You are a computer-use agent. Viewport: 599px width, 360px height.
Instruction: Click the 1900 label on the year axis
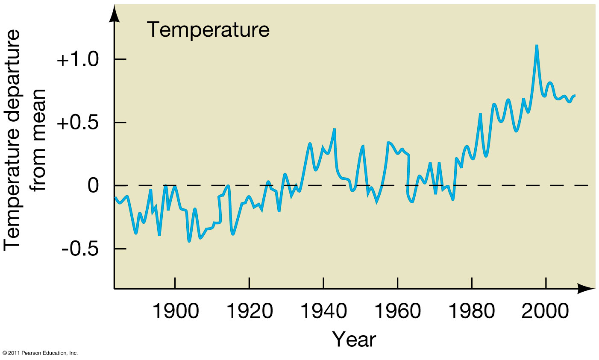[x=175, y=312]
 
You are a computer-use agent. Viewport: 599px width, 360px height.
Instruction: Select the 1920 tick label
[x=249, y=312]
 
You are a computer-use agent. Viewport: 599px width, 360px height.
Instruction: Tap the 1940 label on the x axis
[x=323, y=312]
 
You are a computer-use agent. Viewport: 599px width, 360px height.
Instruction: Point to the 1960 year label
[x=397, y=312]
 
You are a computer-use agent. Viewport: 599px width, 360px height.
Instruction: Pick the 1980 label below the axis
[x=471, y=312]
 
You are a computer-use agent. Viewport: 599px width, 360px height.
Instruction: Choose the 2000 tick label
[x=545, y=312]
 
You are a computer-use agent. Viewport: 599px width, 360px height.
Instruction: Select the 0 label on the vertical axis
[x=94, y=186]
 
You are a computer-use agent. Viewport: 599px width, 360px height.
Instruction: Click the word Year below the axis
[x=354, y=340]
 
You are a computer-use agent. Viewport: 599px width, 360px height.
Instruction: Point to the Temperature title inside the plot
[x=208, y=30]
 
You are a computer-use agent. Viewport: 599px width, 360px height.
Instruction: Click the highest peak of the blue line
[x=537, y=45]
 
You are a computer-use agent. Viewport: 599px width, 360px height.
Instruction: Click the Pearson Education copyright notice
[x=40, y=354]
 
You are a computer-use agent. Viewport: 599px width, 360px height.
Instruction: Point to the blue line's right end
[x=575, y=95]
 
